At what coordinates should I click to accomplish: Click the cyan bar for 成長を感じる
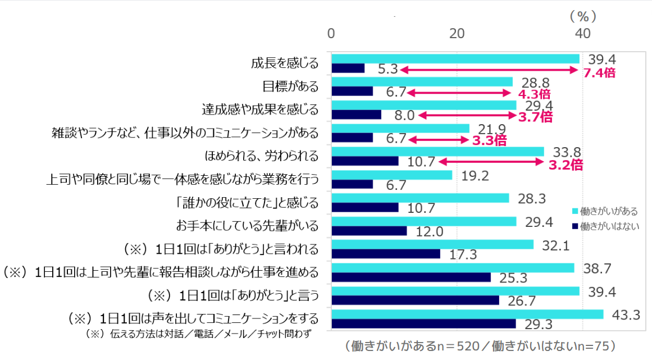(x=455, y=59)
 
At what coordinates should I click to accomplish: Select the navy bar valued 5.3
(x=348, y=69)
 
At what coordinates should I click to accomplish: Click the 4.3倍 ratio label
(x=534, y=94)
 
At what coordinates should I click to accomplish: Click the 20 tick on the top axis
(x=457, y=33)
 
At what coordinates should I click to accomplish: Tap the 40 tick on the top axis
(x=582, y=33)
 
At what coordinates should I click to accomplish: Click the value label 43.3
(x=627, y=316)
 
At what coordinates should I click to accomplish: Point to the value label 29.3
(x=539, y=325)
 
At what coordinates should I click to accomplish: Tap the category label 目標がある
(x=290, y=86)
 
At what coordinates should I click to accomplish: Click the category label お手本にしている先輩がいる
(x=247, y=226)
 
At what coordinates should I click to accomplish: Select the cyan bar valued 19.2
(x=392, y=175)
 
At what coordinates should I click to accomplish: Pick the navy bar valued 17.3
(x=386, y=254)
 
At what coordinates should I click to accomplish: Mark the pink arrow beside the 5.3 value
(x=489, y=70)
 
